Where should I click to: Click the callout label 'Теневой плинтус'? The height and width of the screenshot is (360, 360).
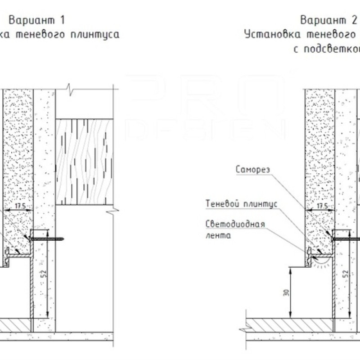[241, 203]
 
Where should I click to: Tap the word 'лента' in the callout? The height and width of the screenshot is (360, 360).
[218, 235]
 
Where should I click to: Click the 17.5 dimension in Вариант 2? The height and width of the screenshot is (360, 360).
[322, 206]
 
